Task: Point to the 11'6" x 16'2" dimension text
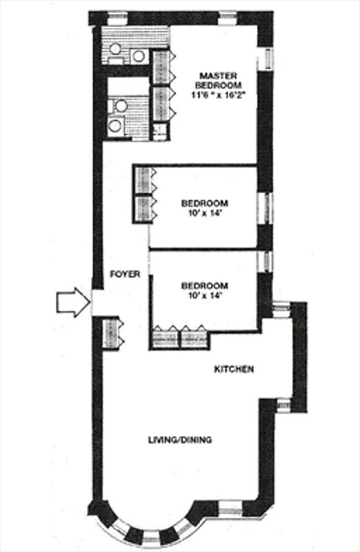pos(219,96)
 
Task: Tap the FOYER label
pos(126,274)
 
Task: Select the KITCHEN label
pos(234,369)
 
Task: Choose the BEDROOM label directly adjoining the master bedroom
pos(204,203)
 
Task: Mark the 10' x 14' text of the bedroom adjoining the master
pos(204,214)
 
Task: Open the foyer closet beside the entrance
pos(111,333)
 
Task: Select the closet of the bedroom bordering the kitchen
pos(179,337)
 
